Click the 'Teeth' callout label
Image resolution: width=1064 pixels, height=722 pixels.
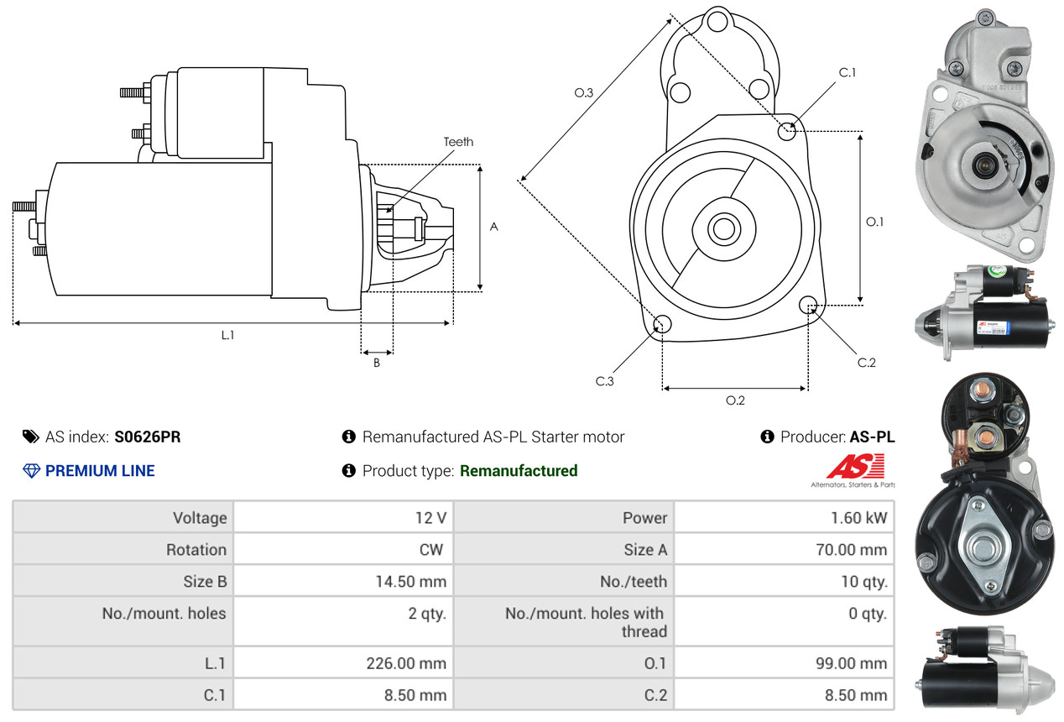(x=458, y=142)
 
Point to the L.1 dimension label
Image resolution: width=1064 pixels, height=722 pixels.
(x=227, y=335)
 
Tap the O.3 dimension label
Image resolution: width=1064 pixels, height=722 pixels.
(x=584, y=93)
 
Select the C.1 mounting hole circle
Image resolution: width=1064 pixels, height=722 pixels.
(x=787, y=131)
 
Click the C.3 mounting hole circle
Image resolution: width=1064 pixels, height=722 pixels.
(x=661, y=325)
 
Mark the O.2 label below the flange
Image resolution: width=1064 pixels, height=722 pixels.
(x=735, y=400)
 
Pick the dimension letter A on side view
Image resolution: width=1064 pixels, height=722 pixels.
(x=493, y=227)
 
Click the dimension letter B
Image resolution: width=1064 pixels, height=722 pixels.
(x=377, y=364)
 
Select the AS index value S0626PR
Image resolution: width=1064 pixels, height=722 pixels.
(x=148, y=437)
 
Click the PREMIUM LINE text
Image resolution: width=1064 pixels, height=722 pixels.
(x=100, y=471)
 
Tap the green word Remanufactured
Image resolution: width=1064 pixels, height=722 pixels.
(x=519, y=471)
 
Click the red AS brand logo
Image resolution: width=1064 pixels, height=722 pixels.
(x=855, y=466)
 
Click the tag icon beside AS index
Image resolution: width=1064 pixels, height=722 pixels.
(x=30, y=437)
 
